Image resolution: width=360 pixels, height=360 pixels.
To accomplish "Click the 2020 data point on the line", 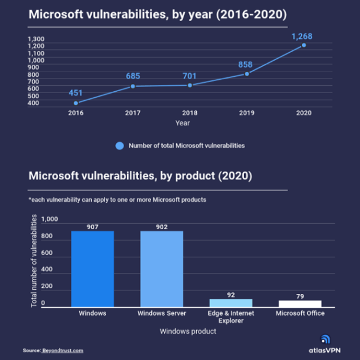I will pyautogui.click(x=304, y=45).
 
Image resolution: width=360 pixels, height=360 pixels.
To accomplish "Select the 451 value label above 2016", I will pyautogui.click(x=76, y=92).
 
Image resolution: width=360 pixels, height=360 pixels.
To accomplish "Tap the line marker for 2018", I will pyautogui.click(x=190, y=85).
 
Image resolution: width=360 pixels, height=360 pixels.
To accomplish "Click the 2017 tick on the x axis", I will pyautogui.click(x=133, y=112).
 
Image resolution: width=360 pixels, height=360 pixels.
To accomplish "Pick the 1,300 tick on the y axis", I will pyautogui.click(x=37, y=38).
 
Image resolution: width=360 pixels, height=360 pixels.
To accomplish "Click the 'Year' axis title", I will pyautogui.click(x=182, y=123).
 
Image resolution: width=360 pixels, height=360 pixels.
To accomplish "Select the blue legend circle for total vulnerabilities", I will pyautogui.click(x=119, y=145).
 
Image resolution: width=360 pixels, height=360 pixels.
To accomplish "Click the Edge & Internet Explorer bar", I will pyautogui.click(x=231, y=303).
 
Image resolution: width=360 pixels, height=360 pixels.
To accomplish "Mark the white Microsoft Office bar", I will pyautogui.click(x=300, y=304).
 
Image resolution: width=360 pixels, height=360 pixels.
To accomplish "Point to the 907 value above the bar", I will pyautogui.click(x=92, y=227).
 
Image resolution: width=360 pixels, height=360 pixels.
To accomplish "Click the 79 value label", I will pyautogui.click(x=300, y=296).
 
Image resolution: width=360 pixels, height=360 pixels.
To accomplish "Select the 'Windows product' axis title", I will pyautogui.click(x=187, y=331).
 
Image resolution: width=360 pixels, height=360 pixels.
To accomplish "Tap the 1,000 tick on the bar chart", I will pyautogui.click(x=49, y=220).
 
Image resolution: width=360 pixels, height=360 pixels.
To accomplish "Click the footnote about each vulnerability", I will pyautogui.click(x=117, y=199).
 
